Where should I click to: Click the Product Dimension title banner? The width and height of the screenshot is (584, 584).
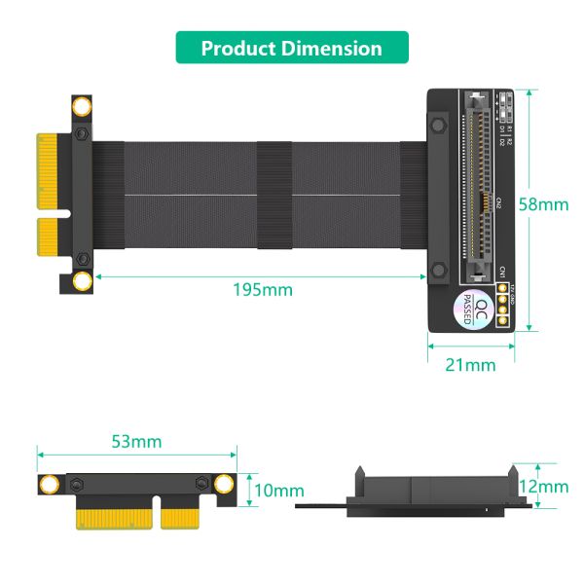point(292,48)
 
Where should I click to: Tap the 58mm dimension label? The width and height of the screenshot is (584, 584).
point(542,204)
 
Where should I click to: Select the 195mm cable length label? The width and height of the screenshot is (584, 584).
point(263,289)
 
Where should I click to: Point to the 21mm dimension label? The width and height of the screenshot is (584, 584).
point(471,365)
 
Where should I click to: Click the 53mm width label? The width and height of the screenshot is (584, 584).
point(136,442)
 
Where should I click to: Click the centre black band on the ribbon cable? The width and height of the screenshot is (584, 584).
point(274,195)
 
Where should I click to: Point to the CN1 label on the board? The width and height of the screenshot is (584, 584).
point(502,273)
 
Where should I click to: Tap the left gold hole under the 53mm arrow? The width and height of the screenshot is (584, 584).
point(48,485)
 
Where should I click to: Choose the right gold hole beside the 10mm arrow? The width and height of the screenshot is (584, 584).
point(225,485)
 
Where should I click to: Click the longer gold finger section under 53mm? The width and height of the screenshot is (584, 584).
point(113,517)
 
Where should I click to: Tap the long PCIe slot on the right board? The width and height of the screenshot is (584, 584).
point(474,185)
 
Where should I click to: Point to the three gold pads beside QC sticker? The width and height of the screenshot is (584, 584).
point(504,305)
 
